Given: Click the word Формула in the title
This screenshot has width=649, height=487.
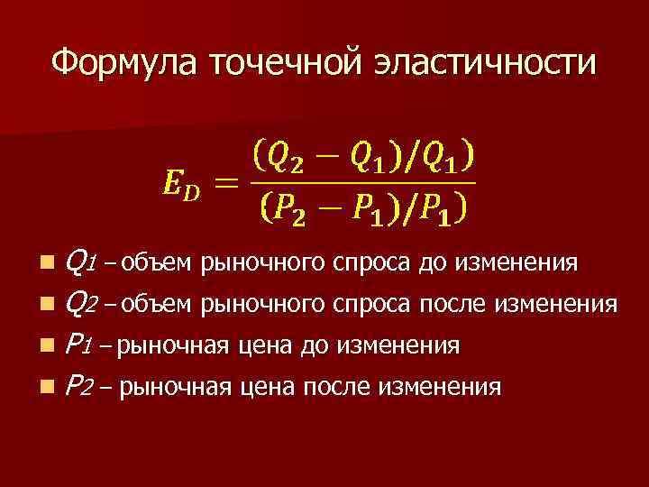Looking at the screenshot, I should point(124,63).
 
